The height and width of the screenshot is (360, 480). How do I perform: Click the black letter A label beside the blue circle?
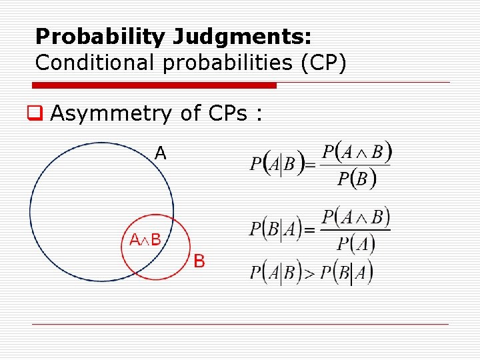point(161,153)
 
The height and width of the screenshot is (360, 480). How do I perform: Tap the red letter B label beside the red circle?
point(199,261)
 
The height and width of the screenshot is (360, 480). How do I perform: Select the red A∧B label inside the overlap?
point(145,240)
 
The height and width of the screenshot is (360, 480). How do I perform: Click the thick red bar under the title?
point(155,85)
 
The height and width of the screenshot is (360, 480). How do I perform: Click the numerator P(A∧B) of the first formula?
point(356,153)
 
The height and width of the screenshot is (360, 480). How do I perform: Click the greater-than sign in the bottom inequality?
point(309,273)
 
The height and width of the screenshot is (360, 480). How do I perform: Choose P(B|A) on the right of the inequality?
point(346,273)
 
